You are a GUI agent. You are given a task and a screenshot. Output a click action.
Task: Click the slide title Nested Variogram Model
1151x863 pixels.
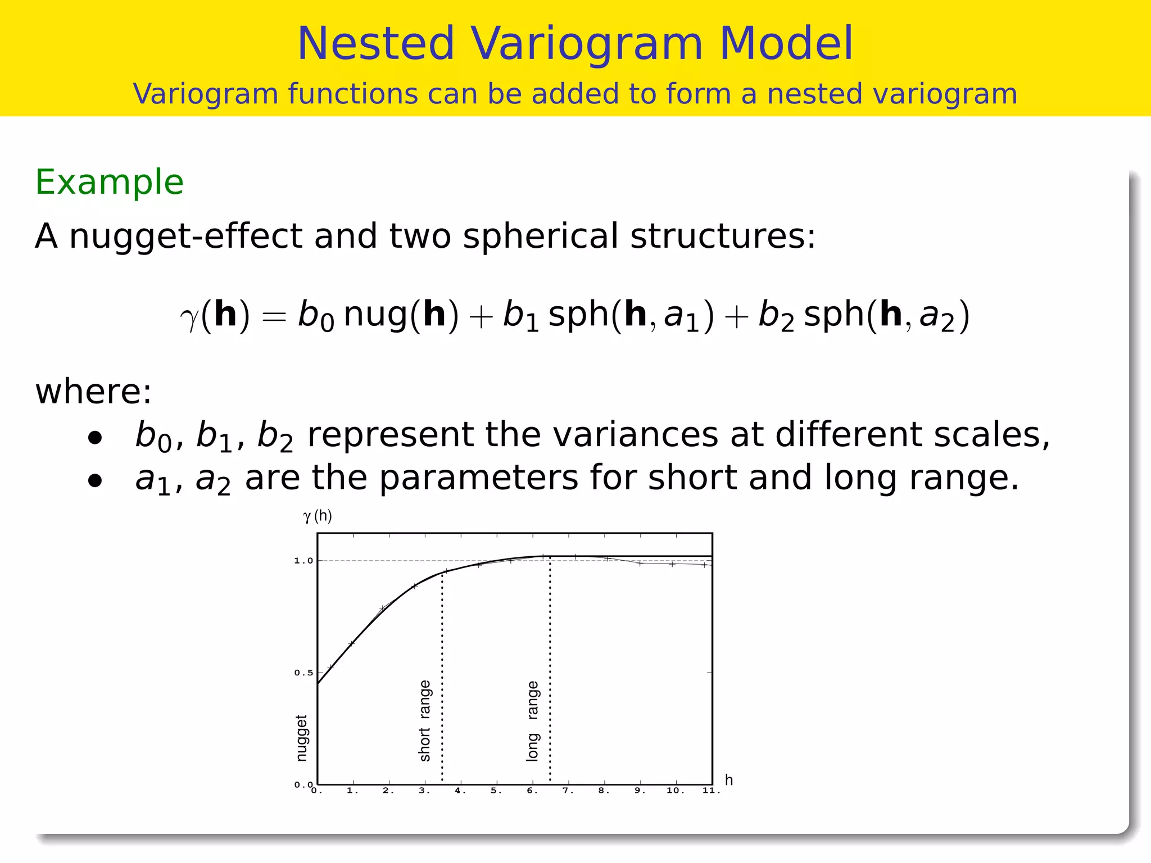(575, 44)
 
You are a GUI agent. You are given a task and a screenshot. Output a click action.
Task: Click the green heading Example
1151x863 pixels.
(110, 183)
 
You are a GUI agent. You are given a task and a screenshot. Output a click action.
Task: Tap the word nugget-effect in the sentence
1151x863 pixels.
(185, 236)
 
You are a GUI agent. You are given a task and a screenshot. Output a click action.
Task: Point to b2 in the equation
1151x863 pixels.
(776, 316)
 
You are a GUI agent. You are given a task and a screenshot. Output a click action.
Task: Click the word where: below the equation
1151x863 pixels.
(93, 392)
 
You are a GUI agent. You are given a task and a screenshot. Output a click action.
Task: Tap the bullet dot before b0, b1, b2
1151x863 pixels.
(95, 438)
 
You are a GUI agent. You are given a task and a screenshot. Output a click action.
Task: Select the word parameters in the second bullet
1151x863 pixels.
(479, 478)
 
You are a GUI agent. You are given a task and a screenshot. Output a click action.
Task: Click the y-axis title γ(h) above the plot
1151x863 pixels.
(318, 516)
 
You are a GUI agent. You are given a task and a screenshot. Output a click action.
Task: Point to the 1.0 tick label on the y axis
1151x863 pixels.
(303, 561)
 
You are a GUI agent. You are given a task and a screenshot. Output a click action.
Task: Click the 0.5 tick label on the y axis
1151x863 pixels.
(303, 673)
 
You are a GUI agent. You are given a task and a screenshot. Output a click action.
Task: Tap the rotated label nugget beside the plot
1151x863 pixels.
(302, 738)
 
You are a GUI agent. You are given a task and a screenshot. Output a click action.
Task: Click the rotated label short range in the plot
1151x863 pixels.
(425, 720)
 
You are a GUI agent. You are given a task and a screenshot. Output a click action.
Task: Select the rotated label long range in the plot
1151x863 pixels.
(533, 720)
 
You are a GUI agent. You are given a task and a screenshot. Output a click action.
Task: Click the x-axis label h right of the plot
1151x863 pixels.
(729, 780)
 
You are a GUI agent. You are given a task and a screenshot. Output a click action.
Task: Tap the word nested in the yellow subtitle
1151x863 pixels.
(813, 94)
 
